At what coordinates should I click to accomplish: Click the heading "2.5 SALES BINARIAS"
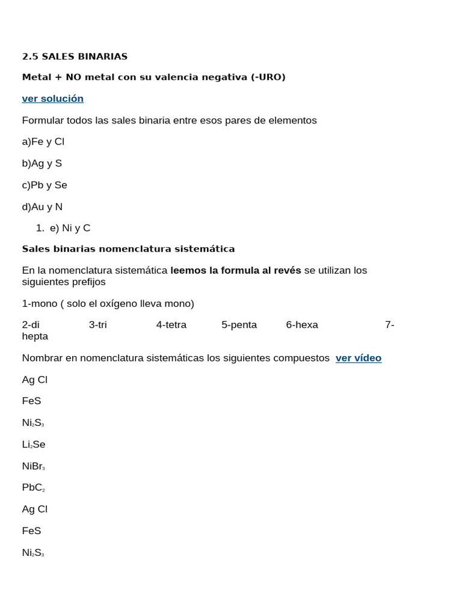(x=75, y=57)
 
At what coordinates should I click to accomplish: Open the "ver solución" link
(x=52, y=99)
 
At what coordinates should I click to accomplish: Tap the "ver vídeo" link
(x=358, y=359)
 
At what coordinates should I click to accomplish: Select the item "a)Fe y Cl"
(x=43, y=142)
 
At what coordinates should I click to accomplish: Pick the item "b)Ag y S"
(x=42, y=164)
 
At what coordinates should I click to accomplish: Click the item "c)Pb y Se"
(x=45, y=185)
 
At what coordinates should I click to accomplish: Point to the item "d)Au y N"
(x=42, y=207)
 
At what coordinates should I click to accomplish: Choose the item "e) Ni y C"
(x=70, y=229)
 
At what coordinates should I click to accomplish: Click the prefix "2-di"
(x=31, y=325)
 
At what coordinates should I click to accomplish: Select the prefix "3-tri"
(x=97, y=325)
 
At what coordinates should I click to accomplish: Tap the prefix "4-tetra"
(x=171, y=325)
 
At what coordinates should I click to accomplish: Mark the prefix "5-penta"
(x=239, y=325)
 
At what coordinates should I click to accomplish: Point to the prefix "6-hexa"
(x=301, y=325)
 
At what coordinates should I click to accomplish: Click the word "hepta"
(x=35, y=336)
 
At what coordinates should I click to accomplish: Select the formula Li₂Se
(x=34, y=445)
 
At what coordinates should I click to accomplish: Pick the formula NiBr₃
(x=34, y=466)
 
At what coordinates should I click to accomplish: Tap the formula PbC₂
(x=34, y=488)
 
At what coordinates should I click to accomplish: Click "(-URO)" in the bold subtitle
(x=268, y=78)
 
